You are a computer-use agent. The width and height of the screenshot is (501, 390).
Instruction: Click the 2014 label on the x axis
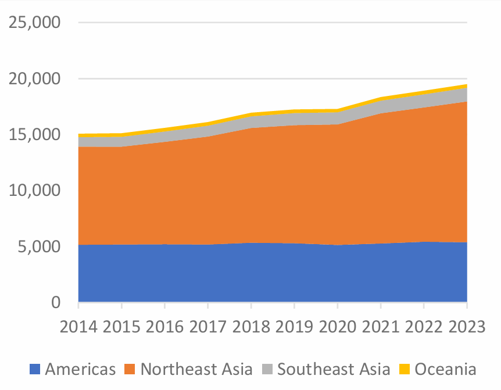click(x=78, y=327)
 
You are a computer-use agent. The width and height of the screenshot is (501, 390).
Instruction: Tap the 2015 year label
click(x=121, y=327)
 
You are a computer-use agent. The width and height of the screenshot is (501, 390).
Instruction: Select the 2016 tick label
click(x=164, y=327)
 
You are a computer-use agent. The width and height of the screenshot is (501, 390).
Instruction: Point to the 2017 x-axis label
click(x=208, y=327)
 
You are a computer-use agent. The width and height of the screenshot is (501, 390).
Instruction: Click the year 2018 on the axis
click(x=251, y=327)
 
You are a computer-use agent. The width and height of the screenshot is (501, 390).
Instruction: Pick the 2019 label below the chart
click(x=294, y=327)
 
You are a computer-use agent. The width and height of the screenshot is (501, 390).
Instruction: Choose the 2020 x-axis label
click(x=338, y=327)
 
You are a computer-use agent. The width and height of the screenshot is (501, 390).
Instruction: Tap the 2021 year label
click(x=381, y=327)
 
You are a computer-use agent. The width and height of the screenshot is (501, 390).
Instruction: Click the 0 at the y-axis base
click(x=55, y=302)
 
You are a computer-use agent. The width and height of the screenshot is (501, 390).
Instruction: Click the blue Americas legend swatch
click(x=35, y=368)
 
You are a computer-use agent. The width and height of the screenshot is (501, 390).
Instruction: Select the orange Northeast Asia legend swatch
click(x=130, y=368)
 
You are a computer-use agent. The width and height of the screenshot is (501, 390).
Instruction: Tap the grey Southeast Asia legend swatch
click(x=267, y=368)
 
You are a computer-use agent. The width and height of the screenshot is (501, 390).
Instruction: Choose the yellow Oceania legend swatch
click(x=404, y=368)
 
